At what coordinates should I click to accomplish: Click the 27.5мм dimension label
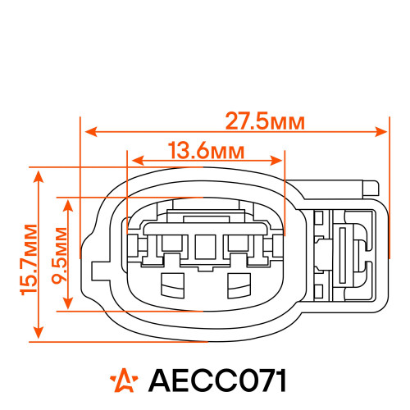(265, 121)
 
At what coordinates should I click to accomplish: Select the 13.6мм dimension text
(206, 150)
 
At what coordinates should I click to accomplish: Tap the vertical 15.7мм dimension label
(29, 260)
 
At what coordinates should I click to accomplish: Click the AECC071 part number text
(217, 380)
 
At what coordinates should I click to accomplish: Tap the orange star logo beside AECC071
(124, 380)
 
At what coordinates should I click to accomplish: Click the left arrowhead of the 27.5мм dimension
(91, 132)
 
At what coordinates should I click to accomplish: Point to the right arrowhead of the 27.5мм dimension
(381, 132)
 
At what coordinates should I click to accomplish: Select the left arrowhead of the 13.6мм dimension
(138, 161)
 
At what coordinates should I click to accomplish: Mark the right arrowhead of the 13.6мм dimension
(276, 161)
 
